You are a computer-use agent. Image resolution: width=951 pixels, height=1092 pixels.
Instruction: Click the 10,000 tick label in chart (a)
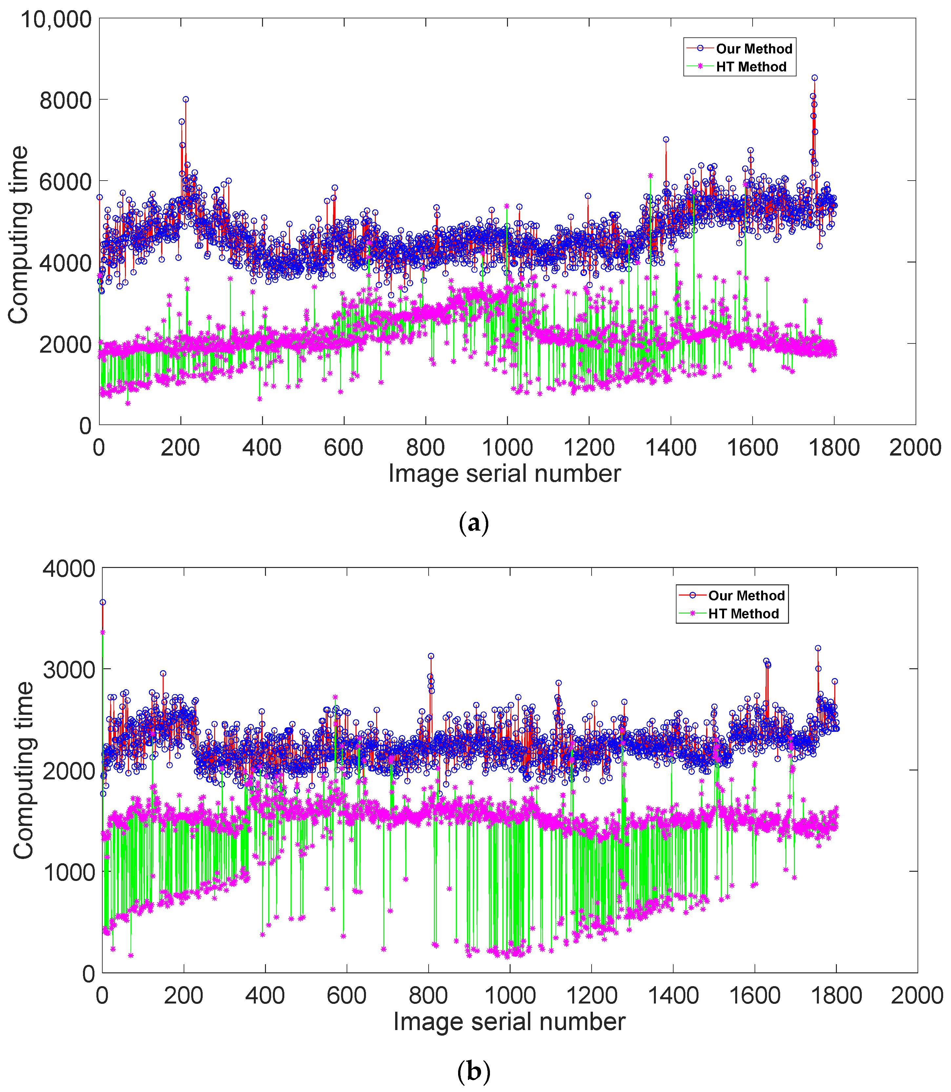pyautogui.click(x=56, y=20)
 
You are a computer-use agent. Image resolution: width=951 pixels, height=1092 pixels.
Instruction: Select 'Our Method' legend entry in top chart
pyautogui.click(x=754, y=49)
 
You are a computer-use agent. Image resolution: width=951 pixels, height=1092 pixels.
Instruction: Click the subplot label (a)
pyautogui.click(x=473, y=523)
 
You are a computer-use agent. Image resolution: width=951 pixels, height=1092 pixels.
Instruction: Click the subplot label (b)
pyautogui.click(x=473, y=1071)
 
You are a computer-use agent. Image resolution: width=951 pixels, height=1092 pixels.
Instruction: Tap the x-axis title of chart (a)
pyautogui.click(x=504, y=473)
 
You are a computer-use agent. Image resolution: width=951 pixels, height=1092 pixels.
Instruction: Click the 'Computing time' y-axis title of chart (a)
pyautogui.click(x=19, y=234)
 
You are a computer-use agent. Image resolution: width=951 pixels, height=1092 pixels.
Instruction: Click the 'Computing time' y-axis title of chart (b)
pyautogui.click(x=23, y=770)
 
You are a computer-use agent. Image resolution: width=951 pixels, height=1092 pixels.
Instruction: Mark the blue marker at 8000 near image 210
pyautogui.click(x=186, y=99)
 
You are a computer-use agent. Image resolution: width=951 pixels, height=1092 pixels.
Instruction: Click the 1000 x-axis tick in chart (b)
pyautogui.click(x=510, y=995)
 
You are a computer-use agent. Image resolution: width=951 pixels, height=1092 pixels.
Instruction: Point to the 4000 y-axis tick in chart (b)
pyautogui.click(x=69, y=569)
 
